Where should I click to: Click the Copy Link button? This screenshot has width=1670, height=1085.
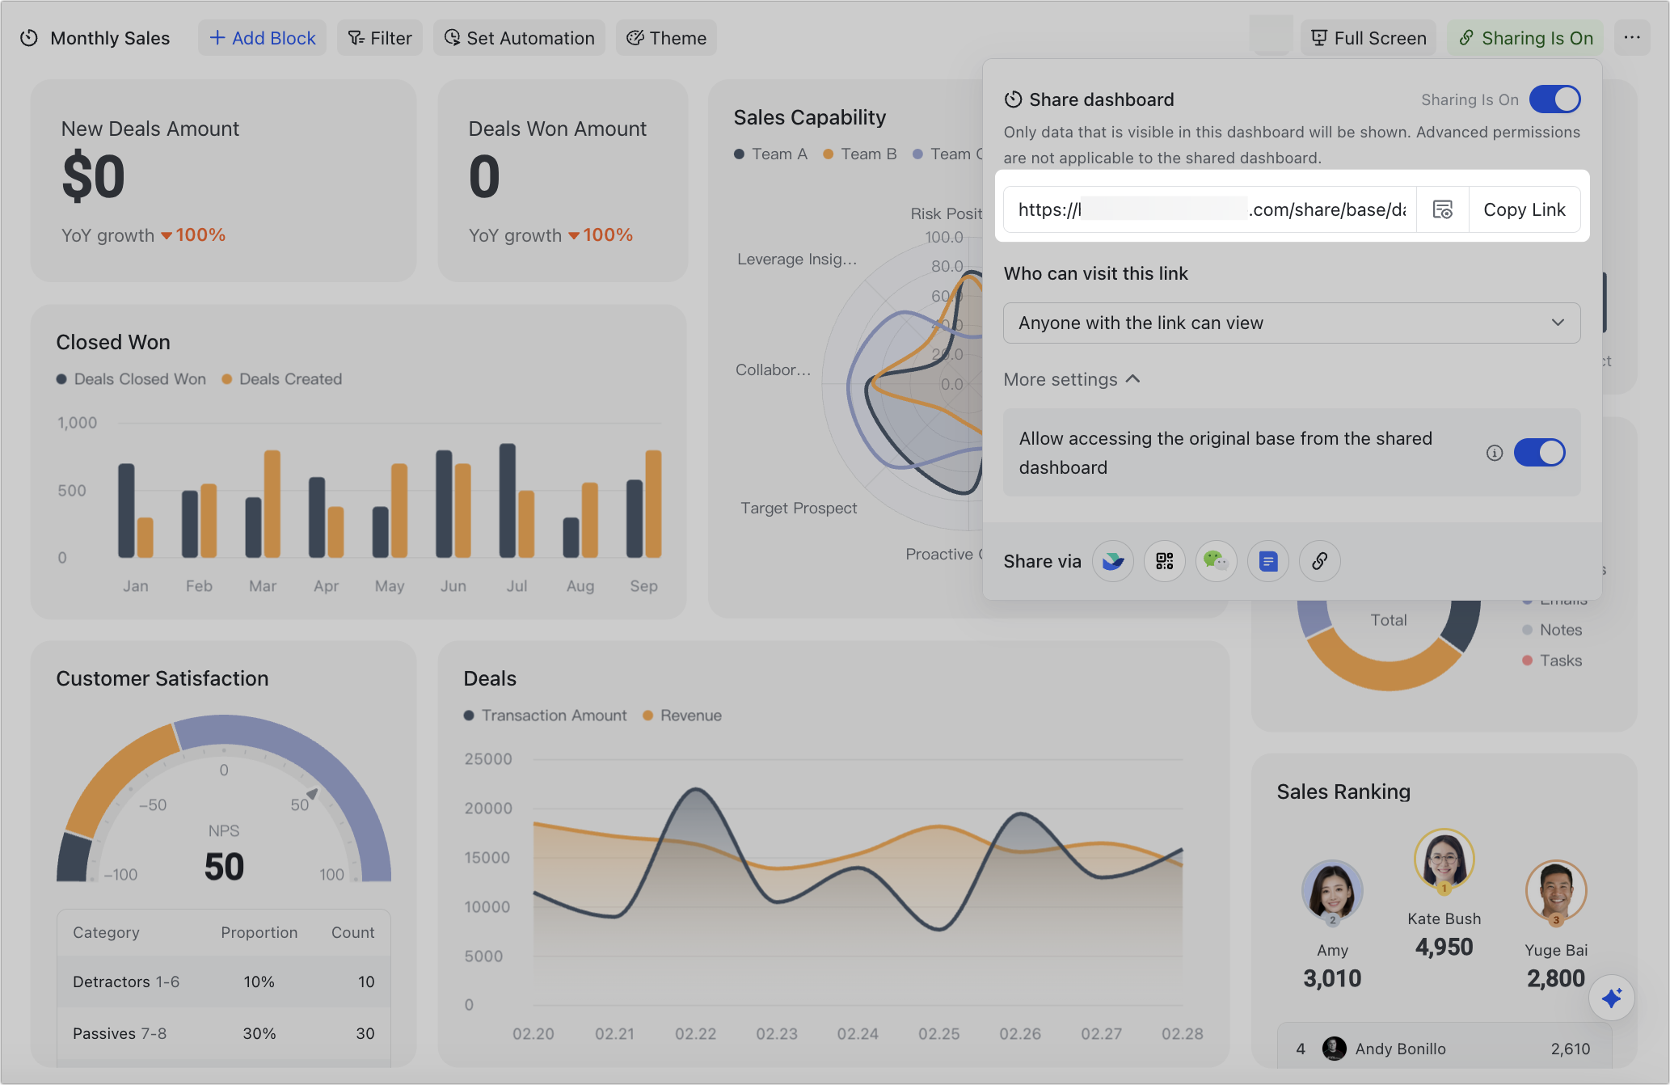(1524, 210)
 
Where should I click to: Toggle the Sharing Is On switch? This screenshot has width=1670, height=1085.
(1554, 99)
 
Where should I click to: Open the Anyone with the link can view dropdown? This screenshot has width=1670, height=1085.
(1291, 323)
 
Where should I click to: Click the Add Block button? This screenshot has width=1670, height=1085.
(262, 38)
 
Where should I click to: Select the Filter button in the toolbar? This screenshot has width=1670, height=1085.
(380, 38)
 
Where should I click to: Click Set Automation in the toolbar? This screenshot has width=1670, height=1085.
(519, 38)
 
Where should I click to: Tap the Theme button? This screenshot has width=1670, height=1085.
(666, 38)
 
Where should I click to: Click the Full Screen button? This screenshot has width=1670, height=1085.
(1368, 38)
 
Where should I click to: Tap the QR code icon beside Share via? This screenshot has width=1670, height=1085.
(1164, 561)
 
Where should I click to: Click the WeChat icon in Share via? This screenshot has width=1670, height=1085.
(1216, 561)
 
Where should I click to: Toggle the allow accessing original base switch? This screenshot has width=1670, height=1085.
(1539, 453)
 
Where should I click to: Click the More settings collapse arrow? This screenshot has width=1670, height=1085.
(1133, 379)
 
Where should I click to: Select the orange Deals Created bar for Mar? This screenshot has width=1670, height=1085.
(272, 504)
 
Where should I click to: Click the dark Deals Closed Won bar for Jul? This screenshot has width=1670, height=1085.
(508, 500)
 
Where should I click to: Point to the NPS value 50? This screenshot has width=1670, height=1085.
(224, 867)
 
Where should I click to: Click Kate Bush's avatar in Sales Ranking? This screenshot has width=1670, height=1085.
(1444, 859)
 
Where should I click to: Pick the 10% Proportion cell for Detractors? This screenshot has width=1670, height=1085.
(259, 982)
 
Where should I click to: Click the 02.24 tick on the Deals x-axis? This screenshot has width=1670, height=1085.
(858, 1033)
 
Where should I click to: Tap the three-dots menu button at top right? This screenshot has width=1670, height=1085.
(1632, 38)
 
